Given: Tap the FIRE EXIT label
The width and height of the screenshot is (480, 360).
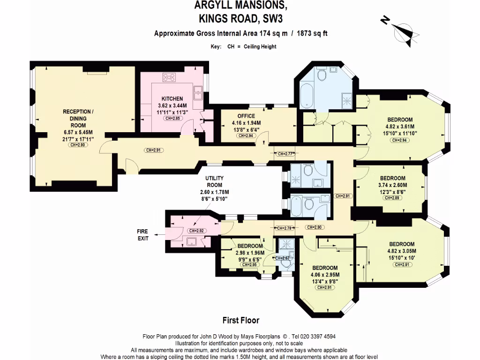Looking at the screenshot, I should [x=142, y=235].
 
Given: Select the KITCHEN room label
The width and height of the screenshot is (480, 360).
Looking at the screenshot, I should [x=172, y=99].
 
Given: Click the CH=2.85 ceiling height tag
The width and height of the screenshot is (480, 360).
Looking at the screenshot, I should [x=172, y=119].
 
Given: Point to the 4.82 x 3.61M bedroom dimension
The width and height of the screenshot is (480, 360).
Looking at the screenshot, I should [x=400, y=126].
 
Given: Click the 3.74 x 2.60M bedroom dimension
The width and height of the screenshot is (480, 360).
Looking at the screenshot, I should [x=393, y=185].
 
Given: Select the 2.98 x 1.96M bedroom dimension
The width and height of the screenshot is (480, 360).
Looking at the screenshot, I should [x=250, y=253].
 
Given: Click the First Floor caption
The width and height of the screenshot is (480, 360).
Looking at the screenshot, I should [x=240, y=321].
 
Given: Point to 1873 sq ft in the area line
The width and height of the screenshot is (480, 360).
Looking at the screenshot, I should [x=314, y=33].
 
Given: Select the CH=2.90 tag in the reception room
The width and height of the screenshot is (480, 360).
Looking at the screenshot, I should [x=78, y=145].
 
